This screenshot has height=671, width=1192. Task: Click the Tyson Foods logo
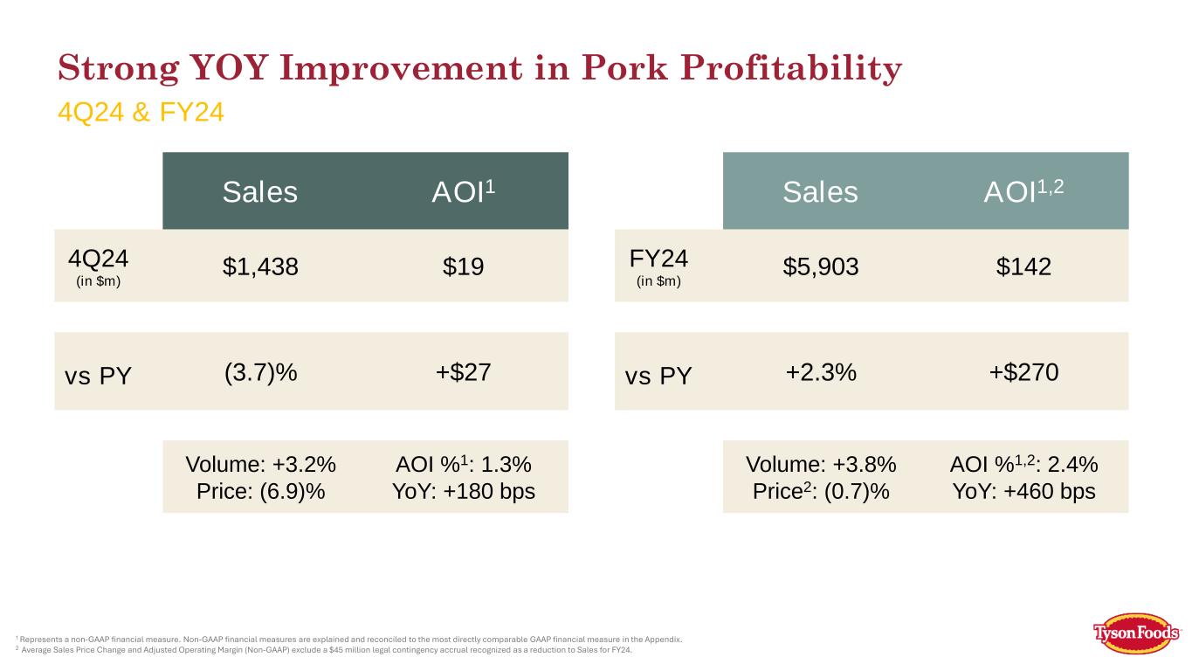point(1136,633)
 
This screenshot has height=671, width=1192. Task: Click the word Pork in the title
point(624,67)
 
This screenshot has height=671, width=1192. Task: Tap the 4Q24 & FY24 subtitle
point(141,112)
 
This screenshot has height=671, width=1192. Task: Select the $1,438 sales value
point(260,266)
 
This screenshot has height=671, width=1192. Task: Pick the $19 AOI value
point(463,266)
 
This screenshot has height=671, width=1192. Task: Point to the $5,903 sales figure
point(821,266)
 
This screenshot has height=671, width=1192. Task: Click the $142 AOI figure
point(1023,266)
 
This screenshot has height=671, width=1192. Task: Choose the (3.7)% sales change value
point(261,372)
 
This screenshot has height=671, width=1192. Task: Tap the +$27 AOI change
point(463,371)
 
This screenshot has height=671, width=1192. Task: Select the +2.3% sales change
point(821,372)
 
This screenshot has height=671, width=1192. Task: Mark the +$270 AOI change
point(1023,371)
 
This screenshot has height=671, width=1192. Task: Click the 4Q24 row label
point(99,259)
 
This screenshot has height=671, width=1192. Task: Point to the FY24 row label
point(658,259)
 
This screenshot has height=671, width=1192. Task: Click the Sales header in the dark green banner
point(259,191)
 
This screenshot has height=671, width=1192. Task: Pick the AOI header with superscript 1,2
point(1023,190)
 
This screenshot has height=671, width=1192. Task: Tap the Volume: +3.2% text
point(261,465)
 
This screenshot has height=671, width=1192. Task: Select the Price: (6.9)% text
point(261,492)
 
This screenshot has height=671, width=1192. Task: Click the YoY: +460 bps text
point(1023,492)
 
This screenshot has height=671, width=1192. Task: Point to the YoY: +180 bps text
point(464,492)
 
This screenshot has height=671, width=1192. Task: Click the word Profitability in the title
point(791,69)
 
